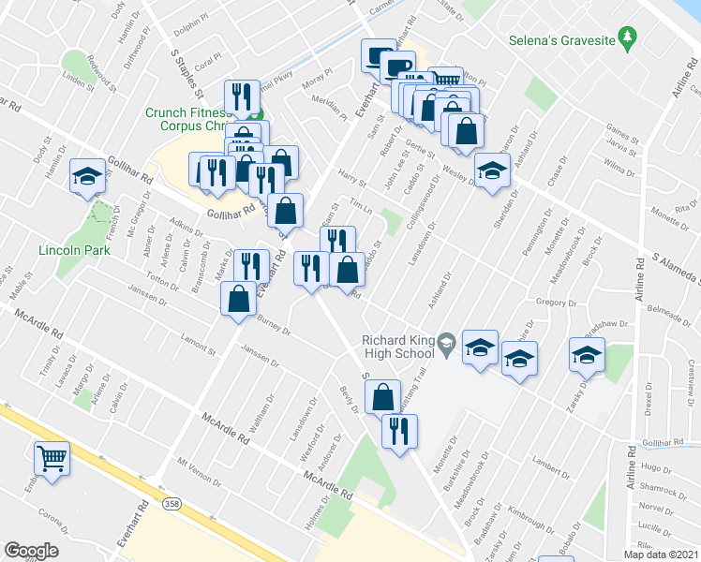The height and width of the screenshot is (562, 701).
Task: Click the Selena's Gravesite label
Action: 560,41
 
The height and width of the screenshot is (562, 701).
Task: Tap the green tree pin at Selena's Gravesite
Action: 629,40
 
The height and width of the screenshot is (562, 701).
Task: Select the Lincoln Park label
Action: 74,250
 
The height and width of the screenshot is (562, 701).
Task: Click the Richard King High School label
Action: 398,347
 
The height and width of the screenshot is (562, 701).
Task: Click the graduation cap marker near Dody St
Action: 87,175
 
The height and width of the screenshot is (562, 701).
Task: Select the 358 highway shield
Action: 172,503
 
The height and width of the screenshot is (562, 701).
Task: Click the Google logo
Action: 31,551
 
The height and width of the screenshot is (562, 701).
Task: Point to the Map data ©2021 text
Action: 660,555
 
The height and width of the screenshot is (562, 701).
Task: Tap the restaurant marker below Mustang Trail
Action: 399,432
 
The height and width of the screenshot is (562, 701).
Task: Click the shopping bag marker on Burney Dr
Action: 239,300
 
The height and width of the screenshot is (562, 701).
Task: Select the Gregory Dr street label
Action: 558,303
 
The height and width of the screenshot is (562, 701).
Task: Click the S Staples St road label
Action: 183,72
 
